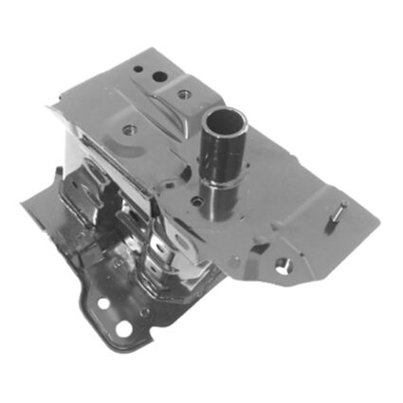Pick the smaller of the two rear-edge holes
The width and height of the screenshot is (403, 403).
tap(138, 69)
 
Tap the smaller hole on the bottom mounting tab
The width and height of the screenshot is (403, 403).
tap(103, 305)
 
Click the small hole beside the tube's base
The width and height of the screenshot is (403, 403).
tap(197, 200)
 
